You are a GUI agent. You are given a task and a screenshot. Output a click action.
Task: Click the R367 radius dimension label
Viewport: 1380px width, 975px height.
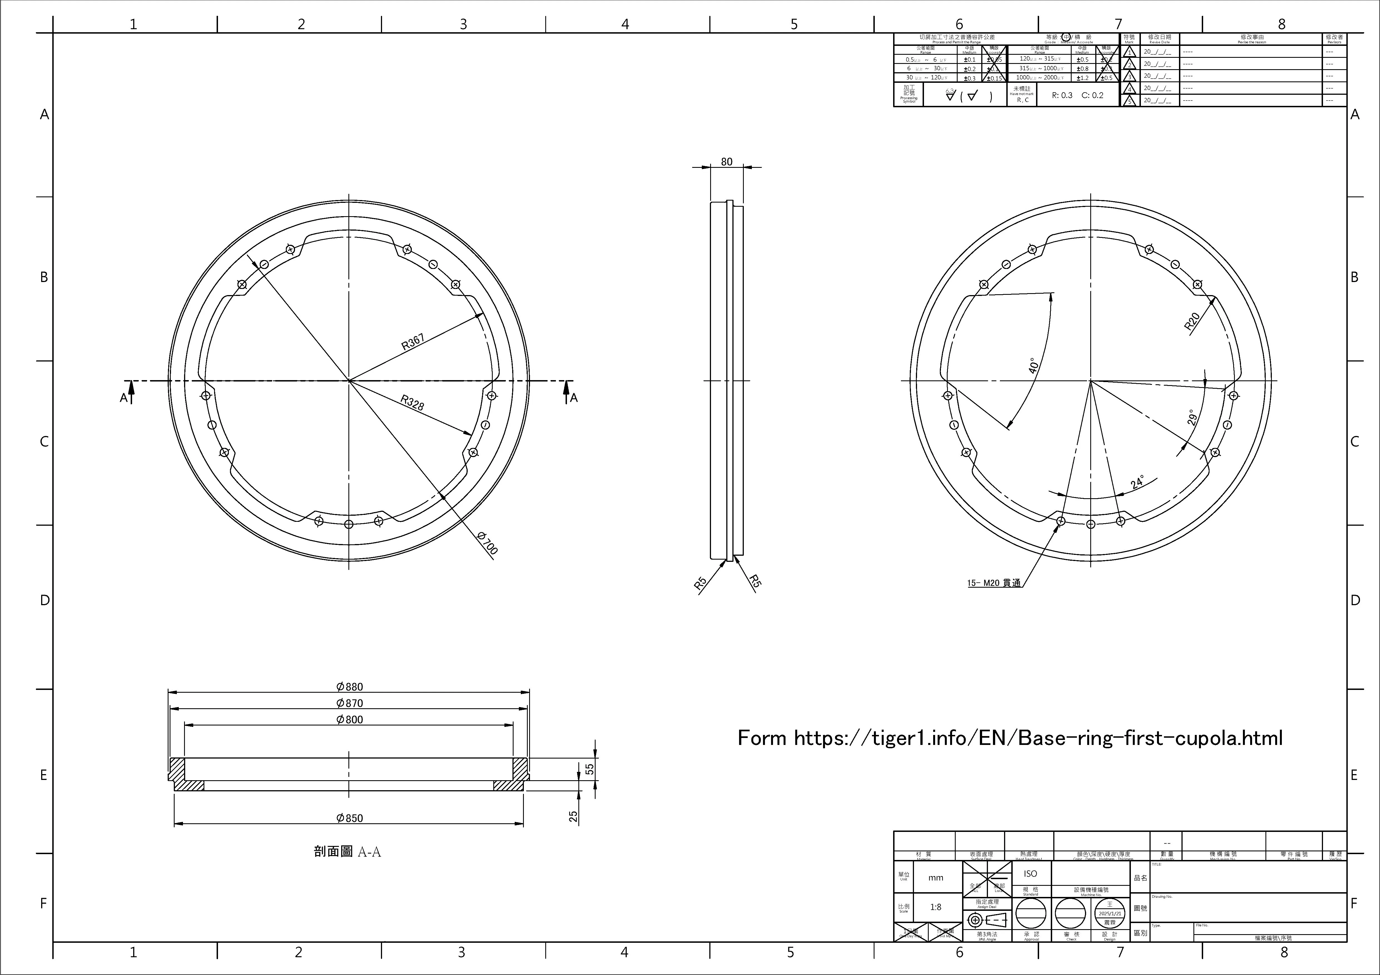pos(413,342)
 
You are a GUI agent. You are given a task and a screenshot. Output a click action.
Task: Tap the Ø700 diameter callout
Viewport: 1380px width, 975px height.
pos(487,543)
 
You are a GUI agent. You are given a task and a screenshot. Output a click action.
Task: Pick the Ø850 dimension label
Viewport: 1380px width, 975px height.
pos(349,818)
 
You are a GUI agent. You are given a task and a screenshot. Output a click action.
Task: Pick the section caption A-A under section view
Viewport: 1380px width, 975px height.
pos(347,852)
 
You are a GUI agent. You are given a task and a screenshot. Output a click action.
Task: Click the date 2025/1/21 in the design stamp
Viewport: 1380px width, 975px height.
pos(1109,913)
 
